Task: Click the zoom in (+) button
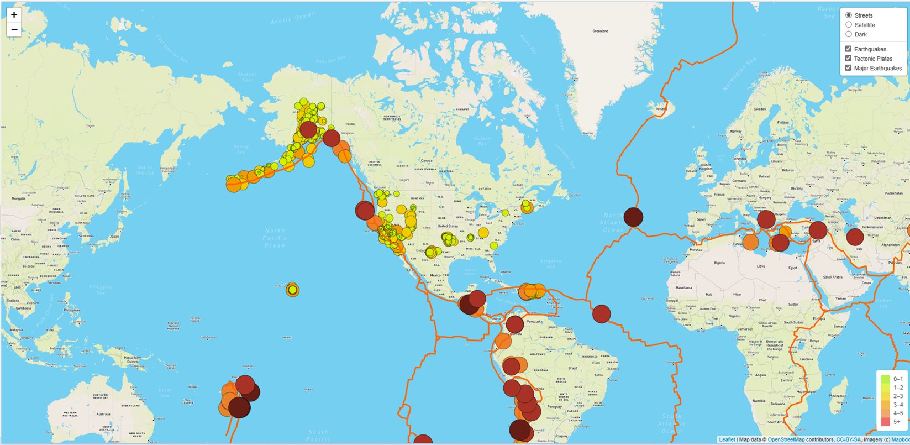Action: pos(14,15)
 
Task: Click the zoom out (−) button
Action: pos(14,29)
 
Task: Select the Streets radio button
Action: pos(849,15)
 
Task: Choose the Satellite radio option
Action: pos(849,25)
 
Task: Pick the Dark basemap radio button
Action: pos(849,34)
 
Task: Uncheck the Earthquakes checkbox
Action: pos(849,49)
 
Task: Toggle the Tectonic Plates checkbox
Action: pos(849,59)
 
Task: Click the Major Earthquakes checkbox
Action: pos(849,68)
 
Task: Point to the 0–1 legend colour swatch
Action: pos(885,379)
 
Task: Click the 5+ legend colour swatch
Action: pos(885,422)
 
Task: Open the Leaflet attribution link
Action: pos(727,440)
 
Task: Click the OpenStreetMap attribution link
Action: pos(786,440)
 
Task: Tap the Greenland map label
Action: pos(600,31)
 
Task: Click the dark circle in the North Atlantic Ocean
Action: pos(633,217)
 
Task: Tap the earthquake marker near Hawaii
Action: pos(293,289)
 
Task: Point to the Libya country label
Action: pos(761,266)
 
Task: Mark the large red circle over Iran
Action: pos(855,237)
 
